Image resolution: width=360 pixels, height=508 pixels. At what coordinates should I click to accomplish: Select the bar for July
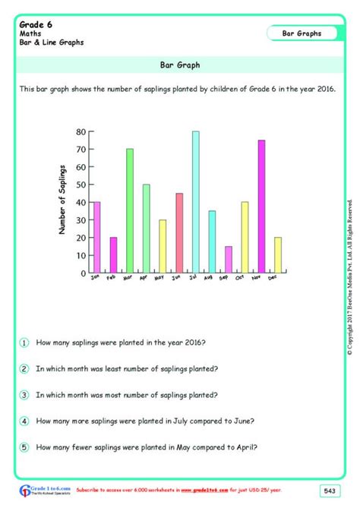195,202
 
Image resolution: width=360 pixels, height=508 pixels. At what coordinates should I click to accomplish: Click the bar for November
261,207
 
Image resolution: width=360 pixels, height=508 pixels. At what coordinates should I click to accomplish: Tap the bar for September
228,259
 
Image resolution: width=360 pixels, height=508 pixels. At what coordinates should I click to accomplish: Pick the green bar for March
130,210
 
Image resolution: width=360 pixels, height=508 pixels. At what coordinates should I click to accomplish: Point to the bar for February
113,254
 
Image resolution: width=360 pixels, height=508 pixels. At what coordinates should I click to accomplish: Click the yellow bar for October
245,237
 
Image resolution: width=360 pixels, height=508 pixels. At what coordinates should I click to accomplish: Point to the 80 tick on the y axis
82,131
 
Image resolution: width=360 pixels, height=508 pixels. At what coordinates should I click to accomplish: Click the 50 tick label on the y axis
82,185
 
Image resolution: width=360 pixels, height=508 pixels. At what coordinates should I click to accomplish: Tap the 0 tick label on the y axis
84,273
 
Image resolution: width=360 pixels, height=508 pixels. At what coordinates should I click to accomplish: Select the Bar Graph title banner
180,65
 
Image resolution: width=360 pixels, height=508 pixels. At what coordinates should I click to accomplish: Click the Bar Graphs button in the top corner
302,33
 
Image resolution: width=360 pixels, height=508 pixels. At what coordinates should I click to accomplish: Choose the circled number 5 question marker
24,447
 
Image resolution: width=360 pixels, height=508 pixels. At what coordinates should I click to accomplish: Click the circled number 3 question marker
24,395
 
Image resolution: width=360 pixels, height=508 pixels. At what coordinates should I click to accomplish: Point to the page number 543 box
330,489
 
